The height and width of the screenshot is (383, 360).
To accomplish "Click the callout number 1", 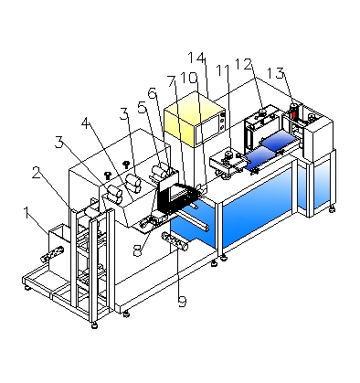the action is tap(27, 213).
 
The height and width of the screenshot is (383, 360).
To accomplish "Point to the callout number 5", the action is tap(143, 107).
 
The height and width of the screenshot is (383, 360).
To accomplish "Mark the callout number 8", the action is tap(138, 250).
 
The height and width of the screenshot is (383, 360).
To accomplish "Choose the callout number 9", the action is tap(182, 302).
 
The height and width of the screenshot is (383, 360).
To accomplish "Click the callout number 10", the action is tap(189, 78).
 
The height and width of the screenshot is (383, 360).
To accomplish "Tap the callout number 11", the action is tap(222, 70).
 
